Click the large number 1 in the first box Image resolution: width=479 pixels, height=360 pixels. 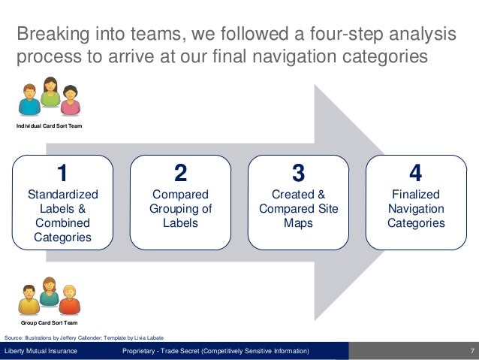(x=62, y=173)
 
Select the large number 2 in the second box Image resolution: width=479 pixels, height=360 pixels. (x=180, y=173)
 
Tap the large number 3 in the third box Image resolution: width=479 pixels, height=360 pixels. (x=298, y=173)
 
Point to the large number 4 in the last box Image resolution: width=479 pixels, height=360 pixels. (x=416, y=173)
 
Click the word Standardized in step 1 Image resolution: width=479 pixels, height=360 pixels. (x=62, y=195)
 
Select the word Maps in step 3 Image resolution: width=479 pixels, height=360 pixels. (x=298, y=223)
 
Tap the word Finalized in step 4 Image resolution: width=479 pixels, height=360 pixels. (x=416, y=195)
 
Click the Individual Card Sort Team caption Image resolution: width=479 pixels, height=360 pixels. (x=50, y=126)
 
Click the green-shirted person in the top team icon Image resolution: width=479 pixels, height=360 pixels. (x=50, y=94)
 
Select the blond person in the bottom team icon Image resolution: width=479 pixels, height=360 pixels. (x=69, y=299)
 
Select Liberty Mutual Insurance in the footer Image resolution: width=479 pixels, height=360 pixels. (x=41, y=352)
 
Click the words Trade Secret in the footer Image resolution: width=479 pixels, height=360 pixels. (x=191, y=352)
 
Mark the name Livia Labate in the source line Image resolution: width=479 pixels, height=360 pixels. (x=148, y=337)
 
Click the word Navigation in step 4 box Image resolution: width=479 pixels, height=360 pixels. (x=416, y=209)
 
